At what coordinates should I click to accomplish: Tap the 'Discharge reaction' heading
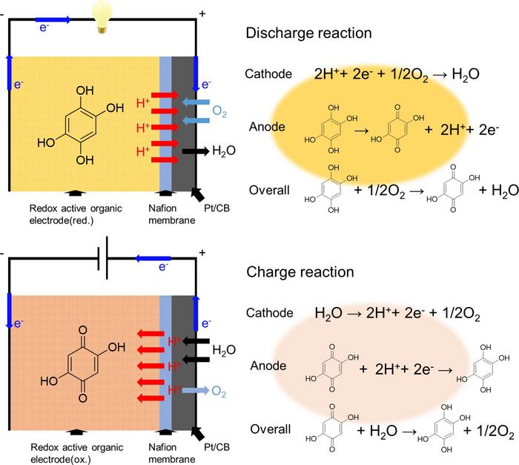tap(308, 33)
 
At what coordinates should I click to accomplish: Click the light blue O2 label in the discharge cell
tap(220, 111)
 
